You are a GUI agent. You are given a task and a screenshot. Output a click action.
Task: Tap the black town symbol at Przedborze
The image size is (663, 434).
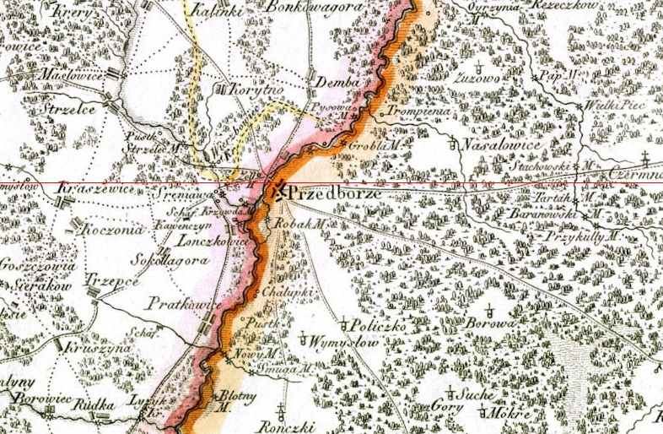(277, 191)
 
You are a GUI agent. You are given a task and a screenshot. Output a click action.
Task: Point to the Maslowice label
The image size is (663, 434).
(71, 75)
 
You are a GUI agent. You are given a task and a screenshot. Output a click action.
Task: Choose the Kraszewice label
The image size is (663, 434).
(88, 192)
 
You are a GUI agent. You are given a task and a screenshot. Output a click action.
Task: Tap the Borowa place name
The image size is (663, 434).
(490, 323)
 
